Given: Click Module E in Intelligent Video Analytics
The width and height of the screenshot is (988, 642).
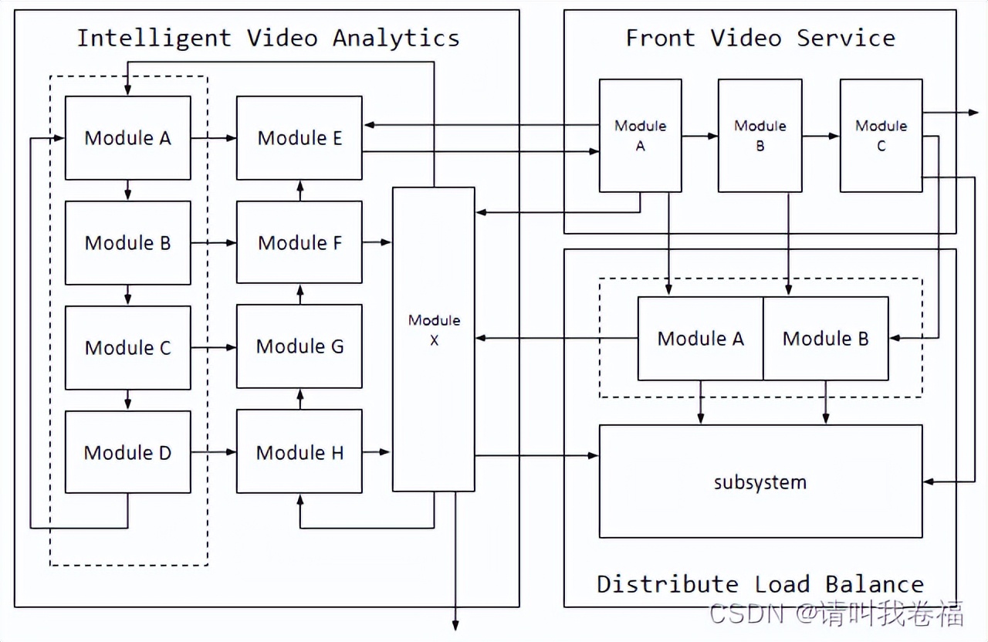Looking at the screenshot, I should [299, 138].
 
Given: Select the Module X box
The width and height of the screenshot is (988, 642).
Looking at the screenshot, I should [434, 339].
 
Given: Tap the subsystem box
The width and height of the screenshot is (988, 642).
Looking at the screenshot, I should [760, 481].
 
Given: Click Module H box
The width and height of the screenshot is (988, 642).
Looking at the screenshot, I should [299, 452].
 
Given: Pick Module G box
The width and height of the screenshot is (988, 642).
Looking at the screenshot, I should [299, 346].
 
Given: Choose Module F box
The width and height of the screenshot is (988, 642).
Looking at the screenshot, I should [299, 242].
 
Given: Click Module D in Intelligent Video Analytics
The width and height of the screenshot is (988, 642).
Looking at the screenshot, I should [127, 452].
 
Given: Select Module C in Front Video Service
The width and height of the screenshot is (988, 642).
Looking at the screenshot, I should [881, 136].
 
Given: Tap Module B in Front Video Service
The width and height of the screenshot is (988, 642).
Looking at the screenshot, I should [760, 136].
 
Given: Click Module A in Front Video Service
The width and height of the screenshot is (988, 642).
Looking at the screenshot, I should [640, 136].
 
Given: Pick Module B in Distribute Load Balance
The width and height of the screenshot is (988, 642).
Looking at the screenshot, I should [825, 339].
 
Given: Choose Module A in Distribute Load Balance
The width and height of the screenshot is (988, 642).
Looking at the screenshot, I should [700, 339].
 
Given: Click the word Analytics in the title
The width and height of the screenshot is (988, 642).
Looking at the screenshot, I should [396, 38].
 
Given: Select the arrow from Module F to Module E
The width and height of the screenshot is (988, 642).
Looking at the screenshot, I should [299, 191].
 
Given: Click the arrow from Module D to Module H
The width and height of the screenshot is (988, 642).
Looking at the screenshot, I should [214, 452].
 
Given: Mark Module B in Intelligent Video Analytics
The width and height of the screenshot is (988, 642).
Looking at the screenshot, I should [127, 242].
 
